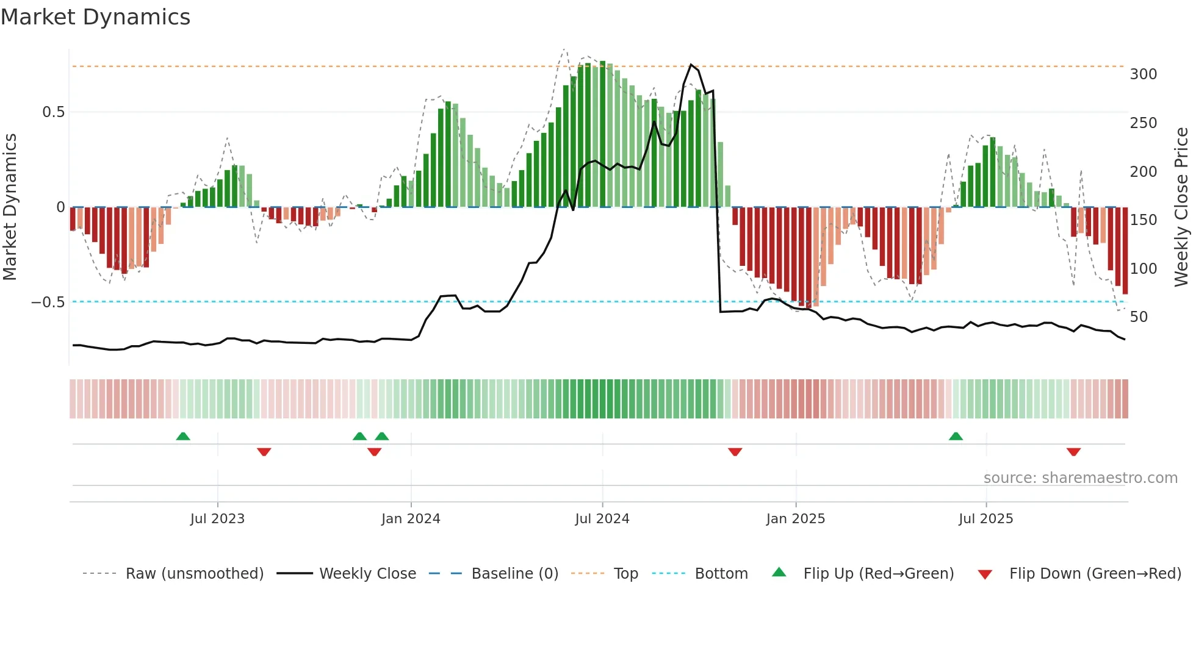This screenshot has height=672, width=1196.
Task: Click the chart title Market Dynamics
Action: [96, 17]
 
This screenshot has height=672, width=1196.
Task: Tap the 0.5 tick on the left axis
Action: [53, 112]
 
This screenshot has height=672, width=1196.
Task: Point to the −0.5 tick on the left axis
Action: [48, 302]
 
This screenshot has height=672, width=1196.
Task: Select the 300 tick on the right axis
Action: [1143, 74]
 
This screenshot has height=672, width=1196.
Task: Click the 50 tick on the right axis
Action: [1139, 317]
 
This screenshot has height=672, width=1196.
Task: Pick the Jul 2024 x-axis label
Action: [602, 519]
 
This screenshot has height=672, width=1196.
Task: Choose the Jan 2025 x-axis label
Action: [795, 519]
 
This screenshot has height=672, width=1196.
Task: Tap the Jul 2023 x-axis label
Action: [217, 519]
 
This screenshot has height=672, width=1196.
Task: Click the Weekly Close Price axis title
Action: [1181, 207]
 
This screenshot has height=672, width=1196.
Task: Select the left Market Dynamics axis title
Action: [10, 207]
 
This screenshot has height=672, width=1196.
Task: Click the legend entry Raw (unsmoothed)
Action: [194, 574]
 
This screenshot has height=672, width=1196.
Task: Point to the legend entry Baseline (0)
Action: [514, 574]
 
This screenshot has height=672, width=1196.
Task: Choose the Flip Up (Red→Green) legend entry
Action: [878, 574]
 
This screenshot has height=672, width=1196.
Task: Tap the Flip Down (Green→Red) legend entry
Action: [1095, 574]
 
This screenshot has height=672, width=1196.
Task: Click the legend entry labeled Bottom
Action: [721, 574]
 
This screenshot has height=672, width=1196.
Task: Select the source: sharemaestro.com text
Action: [1080, 478]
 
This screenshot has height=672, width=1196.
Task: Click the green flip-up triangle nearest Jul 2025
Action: [956, 436]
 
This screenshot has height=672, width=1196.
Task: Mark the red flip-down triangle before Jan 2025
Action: [735, 452]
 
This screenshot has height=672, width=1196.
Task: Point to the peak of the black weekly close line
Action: [691, 65]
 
